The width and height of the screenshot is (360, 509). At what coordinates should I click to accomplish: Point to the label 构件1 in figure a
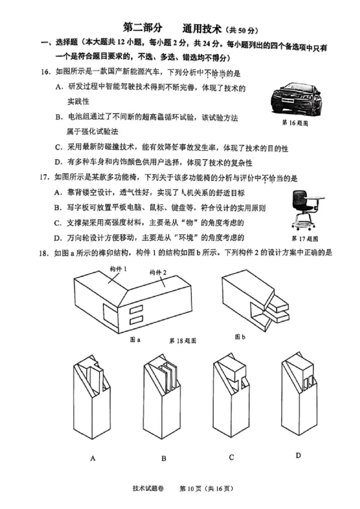118,269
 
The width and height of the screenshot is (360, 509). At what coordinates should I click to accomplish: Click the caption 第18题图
182,341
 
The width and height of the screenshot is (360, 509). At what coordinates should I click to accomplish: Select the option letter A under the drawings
93,459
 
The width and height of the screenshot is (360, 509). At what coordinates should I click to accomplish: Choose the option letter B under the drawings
164,459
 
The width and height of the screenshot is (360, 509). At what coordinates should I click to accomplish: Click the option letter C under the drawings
231,457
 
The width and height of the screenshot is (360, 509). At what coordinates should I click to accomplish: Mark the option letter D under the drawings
298,455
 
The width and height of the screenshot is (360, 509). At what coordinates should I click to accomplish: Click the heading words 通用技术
202,29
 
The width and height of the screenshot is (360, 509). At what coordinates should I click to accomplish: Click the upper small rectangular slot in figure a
136,310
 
